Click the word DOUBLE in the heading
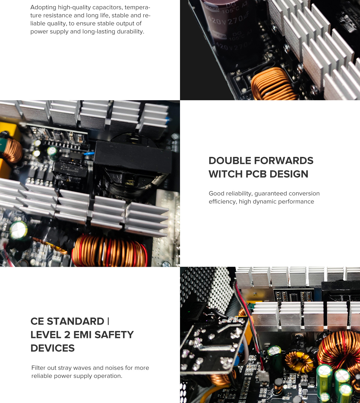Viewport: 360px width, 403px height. pyautogui.click(x=230, y=160)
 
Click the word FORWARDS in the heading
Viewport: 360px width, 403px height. pyautogui.click(x=284, y=160)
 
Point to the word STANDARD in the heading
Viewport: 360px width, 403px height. pyautogui.click(x=75, y=321)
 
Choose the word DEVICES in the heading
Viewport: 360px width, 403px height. pyautogui.click(x=52, y=348)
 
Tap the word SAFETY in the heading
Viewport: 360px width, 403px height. pyautogui.click(x=114, y=334)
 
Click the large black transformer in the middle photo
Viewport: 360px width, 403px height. pyautogui.click(x=133, y=157)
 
